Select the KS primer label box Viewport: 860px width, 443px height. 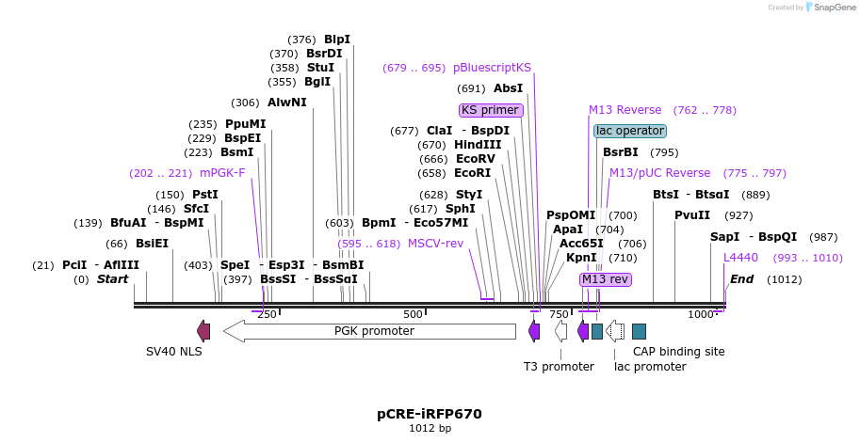490,110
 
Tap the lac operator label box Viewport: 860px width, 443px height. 630,131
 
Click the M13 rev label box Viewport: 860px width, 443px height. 605,279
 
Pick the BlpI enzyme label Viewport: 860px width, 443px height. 337,40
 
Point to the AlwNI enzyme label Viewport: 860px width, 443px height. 287,103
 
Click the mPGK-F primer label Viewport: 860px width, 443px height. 222,173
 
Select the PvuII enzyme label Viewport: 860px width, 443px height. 692,215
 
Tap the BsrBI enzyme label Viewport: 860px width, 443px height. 621,152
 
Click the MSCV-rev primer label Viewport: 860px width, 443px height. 435,244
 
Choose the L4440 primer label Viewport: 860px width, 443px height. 740,258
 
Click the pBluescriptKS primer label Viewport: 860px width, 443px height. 492,68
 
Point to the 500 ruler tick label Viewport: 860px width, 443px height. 413,314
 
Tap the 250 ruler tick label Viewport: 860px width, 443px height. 267,314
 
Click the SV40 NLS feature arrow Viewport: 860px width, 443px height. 203,331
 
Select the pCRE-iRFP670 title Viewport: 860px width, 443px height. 430,413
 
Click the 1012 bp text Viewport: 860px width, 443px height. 430,429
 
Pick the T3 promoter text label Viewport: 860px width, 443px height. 559,367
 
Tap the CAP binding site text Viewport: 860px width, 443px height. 678,352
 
